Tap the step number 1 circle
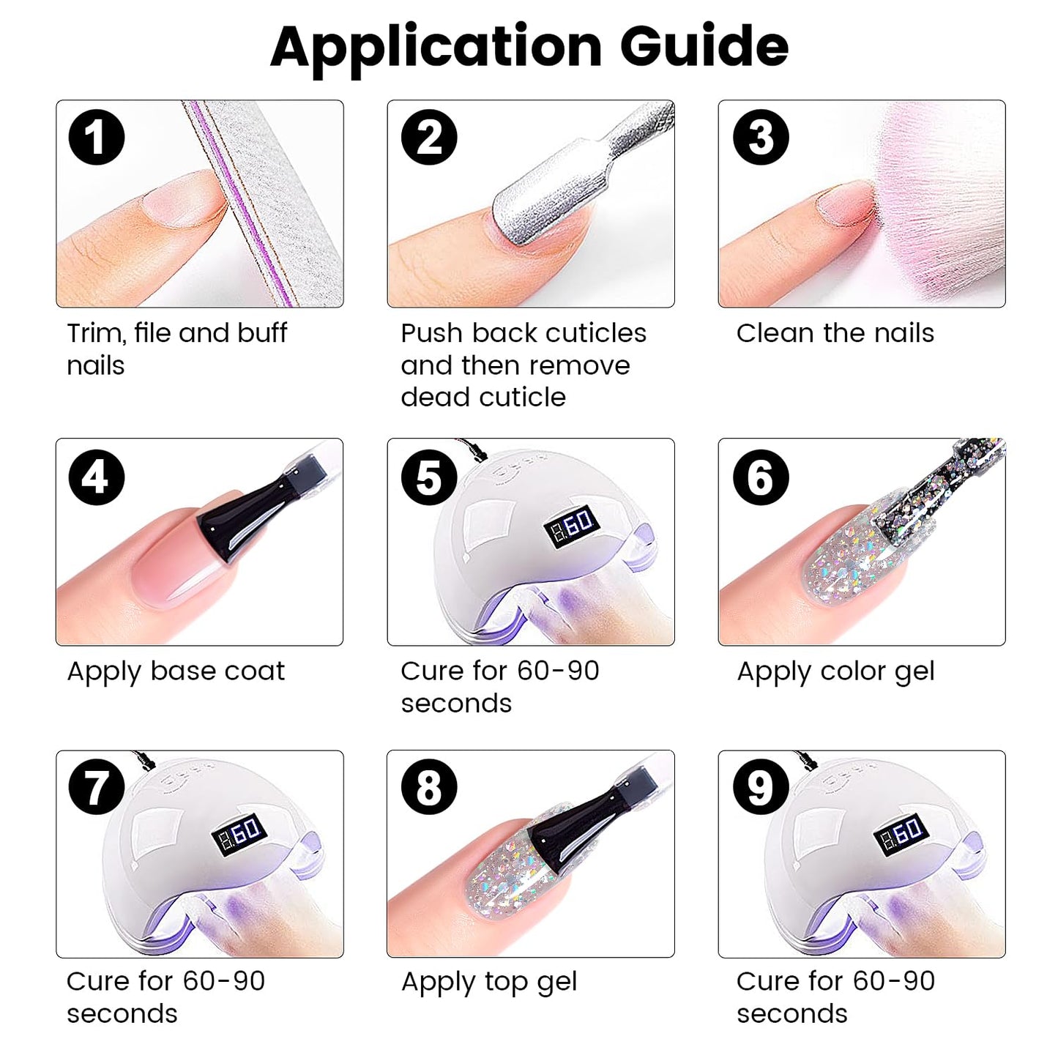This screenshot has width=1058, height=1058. point(97,137)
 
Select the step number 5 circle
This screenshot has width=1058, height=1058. point(429,477)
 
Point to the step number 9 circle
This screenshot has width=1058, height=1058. point(761,788)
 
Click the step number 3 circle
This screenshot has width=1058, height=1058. point(761,137)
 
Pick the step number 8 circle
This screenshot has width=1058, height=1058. point(429,788)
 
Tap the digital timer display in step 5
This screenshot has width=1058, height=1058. point(571,524)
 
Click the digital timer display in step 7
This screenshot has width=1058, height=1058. point(239,835)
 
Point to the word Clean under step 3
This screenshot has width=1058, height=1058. point(775,332)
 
